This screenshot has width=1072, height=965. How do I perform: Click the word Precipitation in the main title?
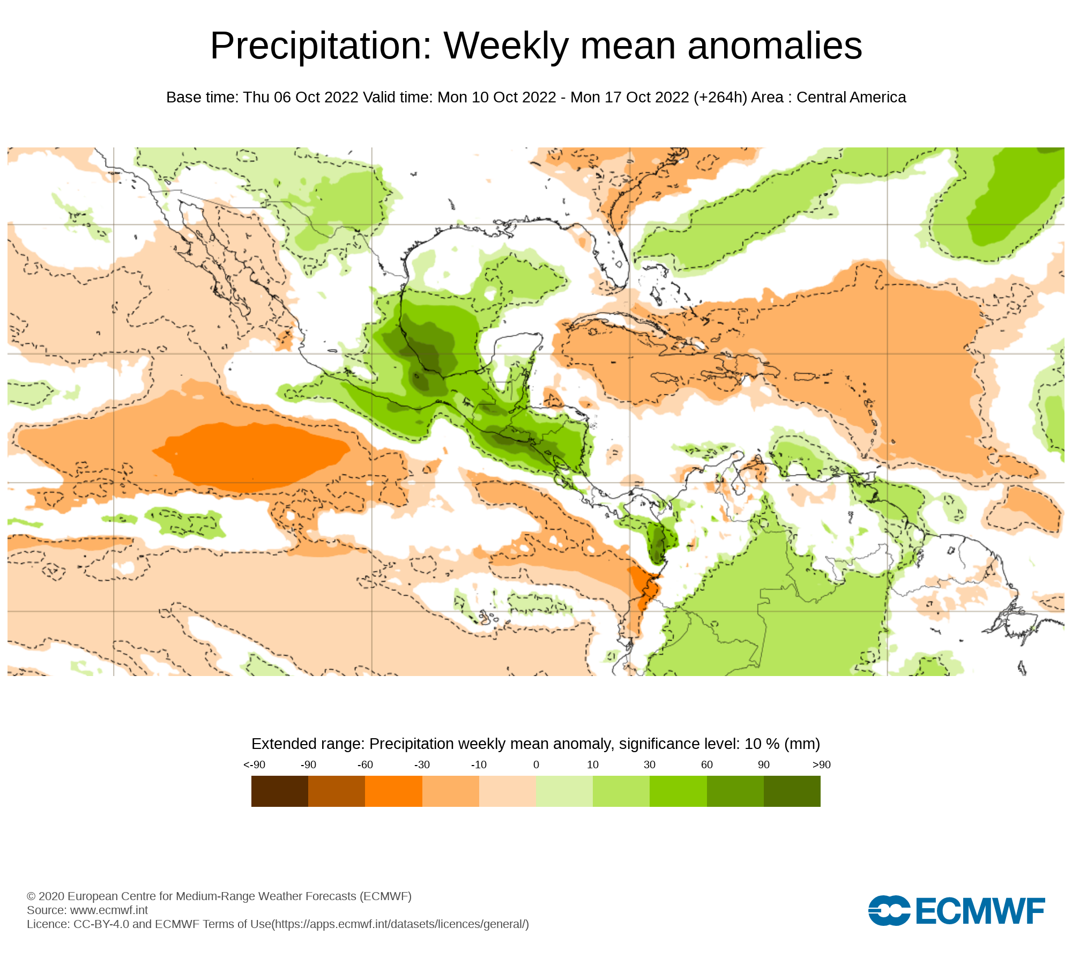coord(321,46)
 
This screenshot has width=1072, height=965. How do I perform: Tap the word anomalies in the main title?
coord(775,46)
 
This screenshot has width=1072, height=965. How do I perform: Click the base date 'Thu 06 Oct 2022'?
coord(301,98)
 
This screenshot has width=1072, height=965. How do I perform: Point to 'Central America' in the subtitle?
coord(851,98)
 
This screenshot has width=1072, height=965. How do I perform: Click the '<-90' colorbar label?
coord(254,764)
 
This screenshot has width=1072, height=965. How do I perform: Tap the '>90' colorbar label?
coord(821,764)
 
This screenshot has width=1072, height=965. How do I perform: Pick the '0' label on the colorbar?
coord(536,764)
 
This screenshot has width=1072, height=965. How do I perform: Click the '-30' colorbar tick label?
coord(422,764)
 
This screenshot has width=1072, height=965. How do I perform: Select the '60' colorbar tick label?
coord(707,764)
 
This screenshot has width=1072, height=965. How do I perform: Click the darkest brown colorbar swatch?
coord(280,791)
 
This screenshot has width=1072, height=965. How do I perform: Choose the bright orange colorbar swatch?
coord(393,791)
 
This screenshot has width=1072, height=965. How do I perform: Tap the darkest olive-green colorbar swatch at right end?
coord(792,791)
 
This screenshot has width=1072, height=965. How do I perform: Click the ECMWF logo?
coord(956,910)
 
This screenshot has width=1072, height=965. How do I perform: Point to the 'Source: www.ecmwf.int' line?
coord(87,910)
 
